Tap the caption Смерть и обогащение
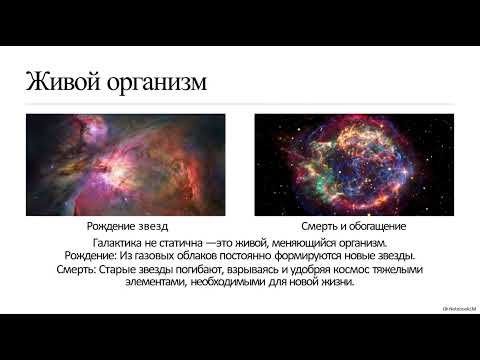point(354,228)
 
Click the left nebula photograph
point(125,163)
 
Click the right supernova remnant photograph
point(354,163)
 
